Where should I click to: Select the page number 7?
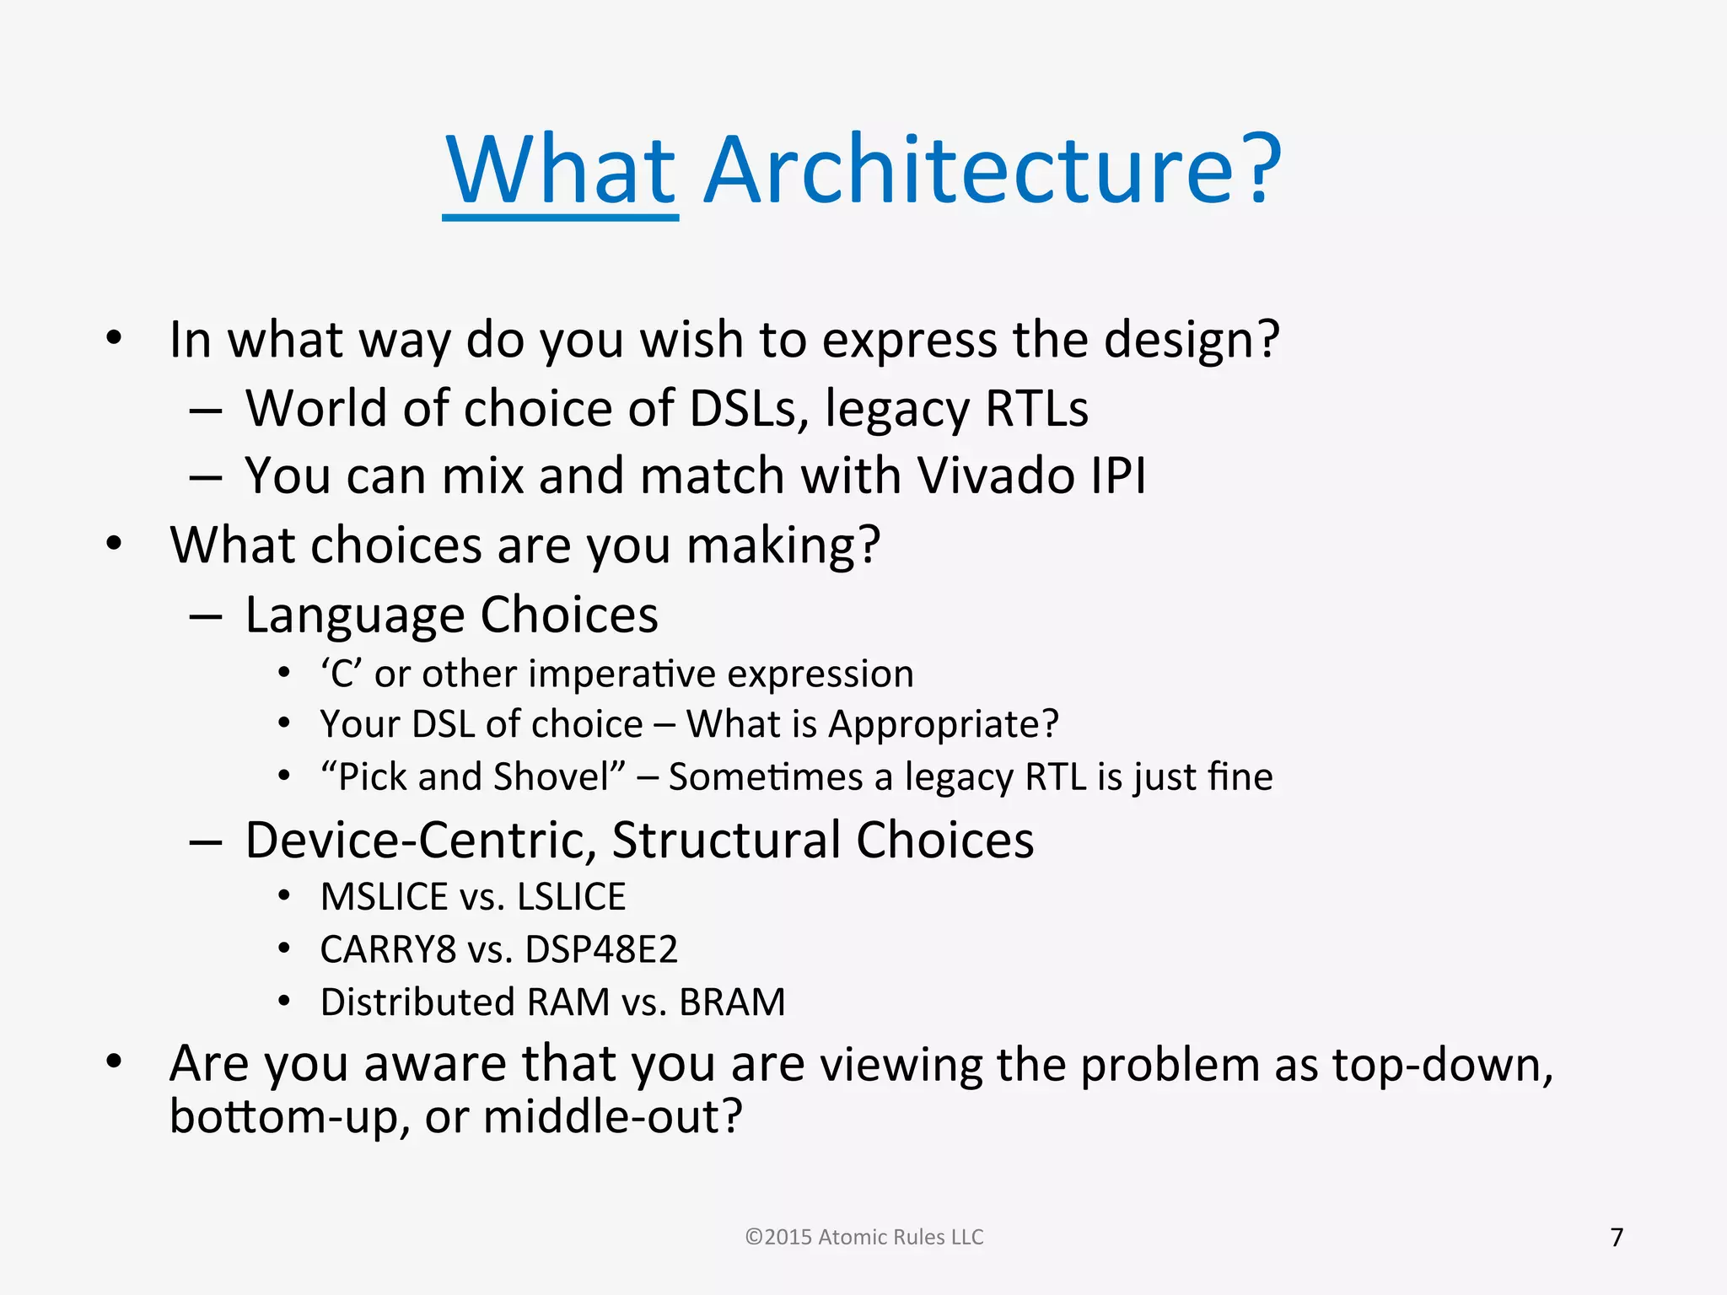click(x=1617, y=1237)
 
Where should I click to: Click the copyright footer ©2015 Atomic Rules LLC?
click(x=864, y=1237)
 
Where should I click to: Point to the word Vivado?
click(x=995, y=476)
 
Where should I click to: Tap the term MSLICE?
click(x=384, y=897)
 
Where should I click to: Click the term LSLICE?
click(x=571, y=897)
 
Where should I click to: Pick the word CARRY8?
click(x=388, y=949)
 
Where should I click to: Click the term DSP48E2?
click(x=600, y=949)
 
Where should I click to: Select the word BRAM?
click(x=732, y=1002)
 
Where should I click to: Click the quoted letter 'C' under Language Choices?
click(x=341, y=674)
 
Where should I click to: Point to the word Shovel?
click(x=558, y=776)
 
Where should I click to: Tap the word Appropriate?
click(x=943, y=725)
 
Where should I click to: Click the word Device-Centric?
click(x=421, y=840)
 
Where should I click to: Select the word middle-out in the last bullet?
click(x=613, y=1116)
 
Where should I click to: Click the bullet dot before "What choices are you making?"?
click(x=114, y=544)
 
